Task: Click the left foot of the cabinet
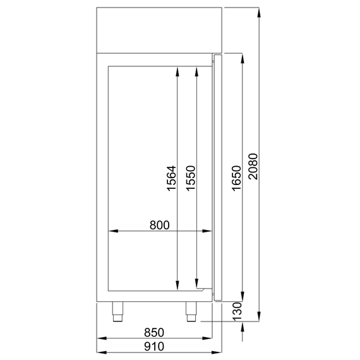117,310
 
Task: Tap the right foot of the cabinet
190,310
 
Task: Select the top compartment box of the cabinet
159,30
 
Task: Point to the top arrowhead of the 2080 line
258,11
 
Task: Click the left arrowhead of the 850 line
100,339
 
